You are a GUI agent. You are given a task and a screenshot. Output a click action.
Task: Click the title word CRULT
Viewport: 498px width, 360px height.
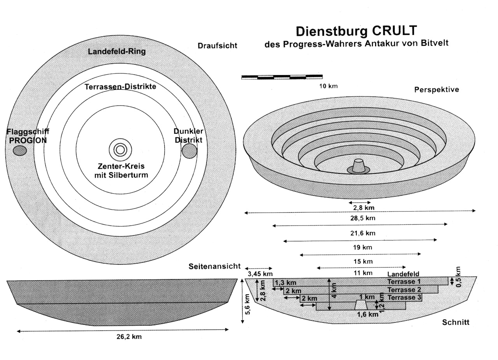[x=395, y=31]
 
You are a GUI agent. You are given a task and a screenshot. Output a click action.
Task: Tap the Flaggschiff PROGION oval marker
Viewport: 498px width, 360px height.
[x=20, y=151]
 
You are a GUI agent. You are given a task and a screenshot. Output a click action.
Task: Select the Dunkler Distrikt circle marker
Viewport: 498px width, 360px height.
[x=189, y=151]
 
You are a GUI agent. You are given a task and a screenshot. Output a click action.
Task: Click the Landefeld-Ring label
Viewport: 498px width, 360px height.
[x=117, y=52]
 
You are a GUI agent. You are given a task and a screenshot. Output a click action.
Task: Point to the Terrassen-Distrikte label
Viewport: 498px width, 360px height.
[x=120, y=86]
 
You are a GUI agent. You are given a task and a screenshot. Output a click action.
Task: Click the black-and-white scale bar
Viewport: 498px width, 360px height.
[x=282, y=77]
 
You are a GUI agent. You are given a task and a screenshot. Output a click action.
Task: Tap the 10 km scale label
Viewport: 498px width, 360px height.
[x=328, y=86]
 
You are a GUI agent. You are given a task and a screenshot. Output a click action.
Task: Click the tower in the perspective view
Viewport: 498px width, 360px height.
[x=358, y=166]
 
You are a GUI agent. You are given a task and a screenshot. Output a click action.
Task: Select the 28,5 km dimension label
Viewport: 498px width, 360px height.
[x=363, y=218]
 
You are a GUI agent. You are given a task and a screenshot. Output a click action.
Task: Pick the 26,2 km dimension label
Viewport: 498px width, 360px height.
[x=129, y=337]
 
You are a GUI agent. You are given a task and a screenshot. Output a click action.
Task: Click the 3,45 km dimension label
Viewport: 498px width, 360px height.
[x=260, y=274]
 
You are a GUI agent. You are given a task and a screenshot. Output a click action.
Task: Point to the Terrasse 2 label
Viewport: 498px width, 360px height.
[x=404, y=290]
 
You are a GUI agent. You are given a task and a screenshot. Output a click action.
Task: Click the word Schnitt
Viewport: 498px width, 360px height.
[x=456, y=322]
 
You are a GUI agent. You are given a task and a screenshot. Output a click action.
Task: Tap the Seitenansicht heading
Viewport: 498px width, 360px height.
[x=214, y=266]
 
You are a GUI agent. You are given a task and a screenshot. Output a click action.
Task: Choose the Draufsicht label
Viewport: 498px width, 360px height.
[x=217, y=45]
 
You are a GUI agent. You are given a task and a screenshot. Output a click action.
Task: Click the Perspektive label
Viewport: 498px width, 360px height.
[x=437, y=89]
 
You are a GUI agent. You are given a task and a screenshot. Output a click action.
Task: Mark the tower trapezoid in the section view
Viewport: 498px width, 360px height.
[x=361, y=305]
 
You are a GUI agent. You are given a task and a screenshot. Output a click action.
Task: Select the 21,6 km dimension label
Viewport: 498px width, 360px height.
[x=363, y=233]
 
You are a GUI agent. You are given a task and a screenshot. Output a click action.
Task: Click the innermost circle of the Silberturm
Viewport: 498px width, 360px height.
[x=120, y=150]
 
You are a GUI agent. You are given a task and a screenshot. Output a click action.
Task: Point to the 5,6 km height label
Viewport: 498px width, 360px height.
[x=248, y=304]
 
